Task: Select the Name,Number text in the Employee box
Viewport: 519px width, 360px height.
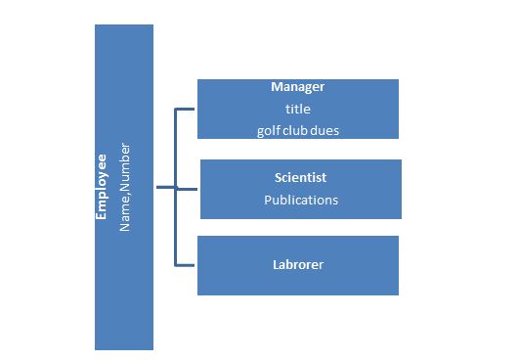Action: click(124, 189)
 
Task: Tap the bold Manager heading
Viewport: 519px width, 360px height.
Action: click(298, 87)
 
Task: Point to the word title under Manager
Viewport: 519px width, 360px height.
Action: click(297, 109)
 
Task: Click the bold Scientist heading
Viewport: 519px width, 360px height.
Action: click(300, 178)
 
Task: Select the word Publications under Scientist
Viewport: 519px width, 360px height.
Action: click(301, 200)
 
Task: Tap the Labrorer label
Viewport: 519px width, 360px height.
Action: click(298, 264)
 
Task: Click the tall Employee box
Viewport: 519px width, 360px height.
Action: click(123, 293)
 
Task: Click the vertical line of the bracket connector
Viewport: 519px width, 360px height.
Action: click(176, 225)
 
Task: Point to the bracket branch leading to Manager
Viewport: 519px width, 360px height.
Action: click(187, 109)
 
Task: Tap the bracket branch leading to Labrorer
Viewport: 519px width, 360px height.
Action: click(187, 264)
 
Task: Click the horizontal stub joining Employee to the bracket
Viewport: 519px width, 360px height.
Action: click(164, 187)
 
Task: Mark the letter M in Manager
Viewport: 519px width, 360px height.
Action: click(277, 87)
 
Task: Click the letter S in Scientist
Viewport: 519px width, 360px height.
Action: click(279, 178)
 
